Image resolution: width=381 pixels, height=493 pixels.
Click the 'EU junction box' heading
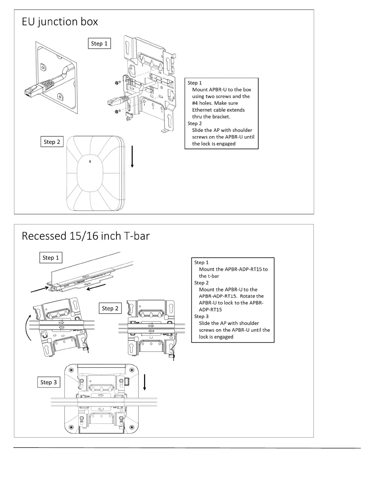pos(60,22)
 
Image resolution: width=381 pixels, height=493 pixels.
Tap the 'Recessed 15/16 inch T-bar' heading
pos(86,236)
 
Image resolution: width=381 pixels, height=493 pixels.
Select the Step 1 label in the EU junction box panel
pos(99,44)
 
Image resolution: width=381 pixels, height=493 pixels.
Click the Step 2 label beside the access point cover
pos(52,142)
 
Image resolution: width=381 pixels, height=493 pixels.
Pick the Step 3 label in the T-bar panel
pos(49,382)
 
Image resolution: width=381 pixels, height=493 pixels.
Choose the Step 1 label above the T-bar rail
pos(51,258)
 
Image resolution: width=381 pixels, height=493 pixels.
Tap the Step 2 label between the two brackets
pos(110,308)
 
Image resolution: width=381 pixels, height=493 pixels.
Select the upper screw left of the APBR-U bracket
pos(118,82)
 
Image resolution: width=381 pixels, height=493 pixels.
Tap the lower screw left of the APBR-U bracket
pos(118,111)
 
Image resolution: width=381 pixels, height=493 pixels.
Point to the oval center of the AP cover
pos(90,173)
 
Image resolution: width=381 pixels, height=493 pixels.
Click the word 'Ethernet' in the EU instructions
pos(202,110)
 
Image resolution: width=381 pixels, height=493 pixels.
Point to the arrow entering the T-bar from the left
pos(39,289)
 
